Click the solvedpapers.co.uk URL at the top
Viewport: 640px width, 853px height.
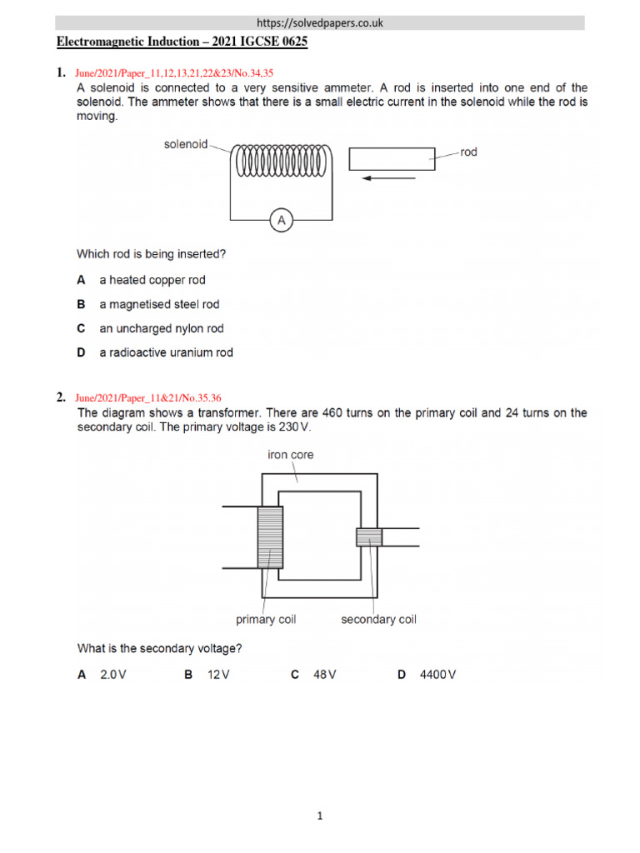[x=321, y=23]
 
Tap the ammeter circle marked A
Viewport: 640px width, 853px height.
[x=282, y=220]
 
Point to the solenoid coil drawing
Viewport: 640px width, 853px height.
[x=282, y=161]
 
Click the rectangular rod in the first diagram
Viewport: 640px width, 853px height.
[x=392, y=158]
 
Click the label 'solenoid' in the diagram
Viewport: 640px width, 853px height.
[x=185, y=145]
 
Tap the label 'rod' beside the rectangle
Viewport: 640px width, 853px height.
[x=468, y=152]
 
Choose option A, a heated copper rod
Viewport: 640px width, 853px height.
[x=152, y=280]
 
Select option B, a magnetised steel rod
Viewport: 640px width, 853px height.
[x=158, y=304]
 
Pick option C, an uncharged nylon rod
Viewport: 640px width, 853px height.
[x=161, y=328]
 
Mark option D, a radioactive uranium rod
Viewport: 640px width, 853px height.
[x=166, y=352]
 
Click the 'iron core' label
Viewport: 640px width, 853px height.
[x=290, y=455]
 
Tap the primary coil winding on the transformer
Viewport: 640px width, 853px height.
[x=271, y=537]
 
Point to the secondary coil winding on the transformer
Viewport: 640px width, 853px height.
[x=368, y=537]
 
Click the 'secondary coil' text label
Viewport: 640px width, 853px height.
[x=378, y=619]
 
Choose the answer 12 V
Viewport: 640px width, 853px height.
[x=217, y=675]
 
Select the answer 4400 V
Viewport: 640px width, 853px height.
[x=438, y=675]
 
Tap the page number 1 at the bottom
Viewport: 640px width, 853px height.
[x=320, y=816]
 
